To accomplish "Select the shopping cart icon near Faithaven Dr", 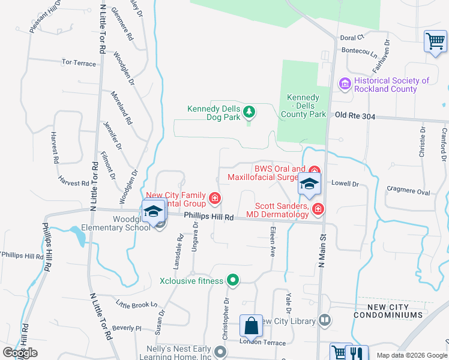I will coord(435,41).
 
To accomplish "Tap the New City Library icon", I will coord(325,320).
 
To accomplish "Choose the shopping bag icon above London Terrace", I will coord(251,327).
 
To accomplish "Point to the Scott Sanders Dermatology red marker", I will coord(318,208).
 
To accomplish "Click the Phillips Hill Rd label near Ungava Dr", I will coord(208,216).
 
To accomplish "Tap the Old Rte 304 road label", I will coord(355,116).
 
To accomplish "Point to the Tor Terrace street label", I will coord(79,62).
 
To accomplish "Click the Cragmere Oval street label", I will coord(408,191).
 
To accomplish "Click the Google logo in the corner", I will coord(20,353).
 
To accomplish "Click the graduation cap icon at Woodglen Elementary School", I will coord(153,212).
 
